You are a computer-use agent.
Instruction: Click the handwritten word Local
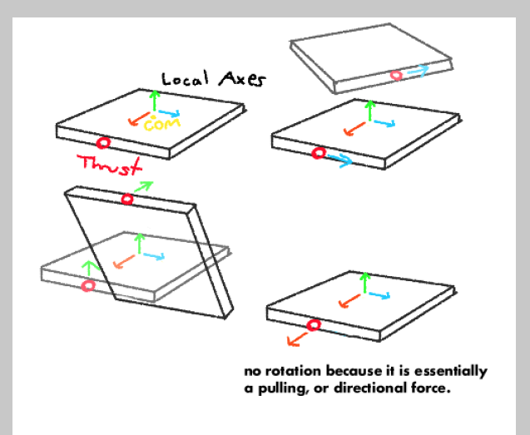pyautogui.click(x=185, y=79)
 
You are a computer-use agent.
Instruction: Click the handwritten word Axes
pyautogui.click(x=242, y=79)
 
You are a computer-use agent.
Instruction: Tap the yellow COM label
pyautogui.click(x=162, y=124)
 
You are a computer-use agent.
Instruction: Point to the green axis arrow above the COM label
pyautogui.click(x=155, y=101)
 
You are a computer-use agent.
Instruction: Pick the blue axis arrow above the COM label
pyautogui.click(x=169, y=113)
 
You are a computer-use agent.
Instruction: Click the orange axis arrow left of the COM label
pyautogui.click(x=139, y=119)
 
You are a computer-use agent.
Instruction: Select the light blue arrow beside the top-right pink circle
pyautogui.click(x=419, y=71)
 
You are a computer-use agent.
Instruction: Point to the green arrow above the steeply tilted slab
pyautogui.click(x=143, y=186)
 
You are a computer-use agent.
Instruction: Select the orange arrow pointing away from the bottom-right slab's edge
pyautogui.click(x=297, y=339)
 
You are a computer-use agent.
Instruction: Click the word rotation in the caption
pyautogui.click(x=293, y=371)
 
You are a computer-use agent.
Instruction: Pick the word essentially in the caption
pyautogui.click(x=451, y=372)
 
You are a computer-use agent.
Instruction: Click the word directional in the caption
pyautogui.click(x=370, y=388)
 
